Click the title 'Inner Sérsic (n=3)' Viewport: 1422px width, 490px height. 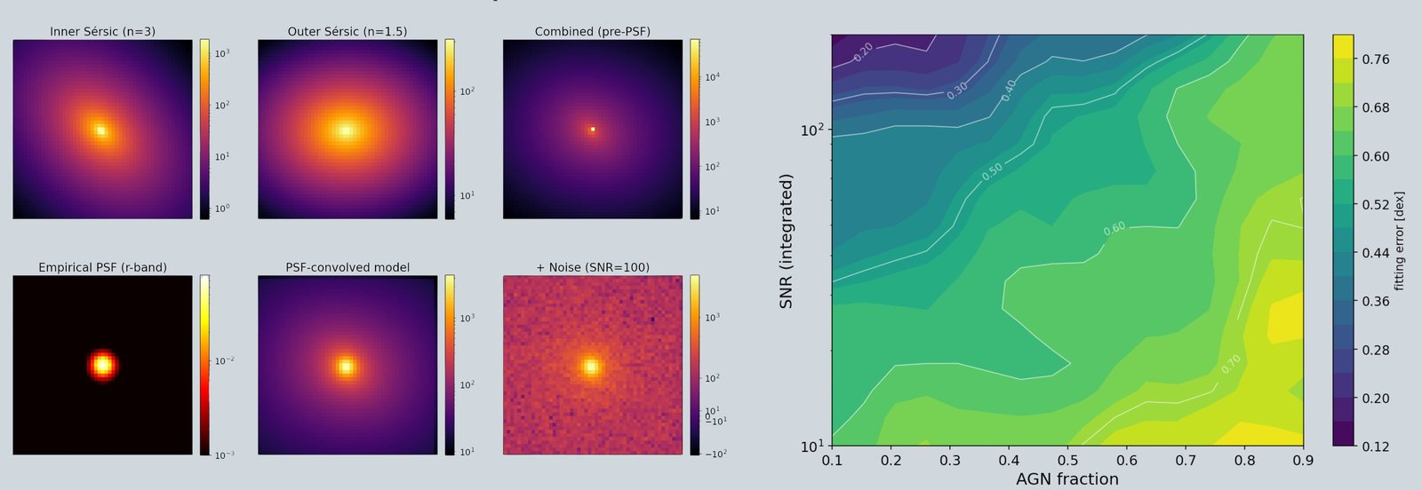point(102,31)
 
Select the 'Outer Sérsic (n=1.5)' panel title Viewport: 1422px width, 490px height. point(348,31)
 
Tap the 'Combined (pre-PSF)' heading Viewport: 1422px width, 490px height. point(592,31)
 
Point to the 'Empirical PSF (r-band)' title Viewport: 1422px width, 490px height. point(102,267)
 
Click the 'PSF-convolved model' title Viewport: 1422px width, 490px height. point(348,267)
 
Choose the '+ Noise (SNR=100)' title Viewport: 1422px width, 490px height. point(592,267)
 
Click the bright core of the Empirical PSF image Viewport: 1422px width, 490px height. point(102,365)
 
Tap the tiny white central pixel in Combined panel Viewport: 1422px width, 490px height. point(593,130)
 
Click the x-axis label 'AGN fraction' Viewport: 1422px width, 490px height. point(1067,479)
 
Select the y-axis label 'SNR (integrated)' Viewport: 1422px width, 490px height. point(786,241)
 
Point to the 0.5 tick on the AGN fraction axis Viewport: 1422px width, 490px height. point(1067,460)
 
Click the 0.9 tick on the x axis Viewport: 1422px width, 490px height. point(1303,460)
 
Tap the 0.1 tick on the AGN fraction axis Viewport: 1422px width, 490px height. point(832,460)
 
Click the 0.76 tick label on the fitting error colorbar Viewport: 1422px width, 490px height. point(1376,59)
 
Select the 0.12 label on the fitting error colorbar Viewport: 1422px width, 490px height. point(1376,447)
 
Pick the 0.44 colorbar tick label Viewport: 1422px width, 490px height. point(1376,253)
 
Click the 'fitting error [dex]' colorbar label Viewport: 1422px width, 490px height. point(1400,241)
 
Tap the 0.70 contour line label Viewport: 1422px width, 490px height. point(1230,365)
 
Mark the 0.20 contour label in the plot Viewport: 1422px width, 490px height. point(863,52)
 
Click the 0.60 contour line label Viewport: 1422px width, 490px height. point(1114,229)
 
